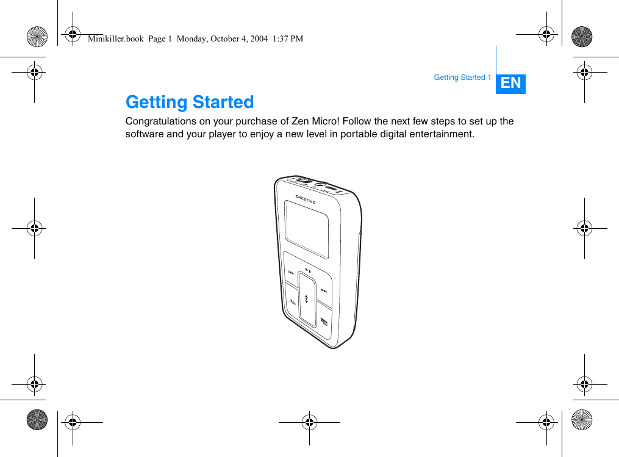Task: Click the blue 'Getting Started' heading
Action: tap(190, 102)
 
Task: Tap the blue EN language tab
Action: tap(510, 83)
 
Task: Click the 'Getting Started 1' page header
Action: tap(462, 77)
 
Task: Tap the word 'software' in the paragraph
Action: tap(144, 134)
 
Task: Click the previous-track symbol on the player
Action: tap(292, 272)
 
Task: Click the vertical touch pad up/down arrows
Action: tap(306, 300)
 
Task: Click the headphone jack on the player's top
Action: tap(318, 182)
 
